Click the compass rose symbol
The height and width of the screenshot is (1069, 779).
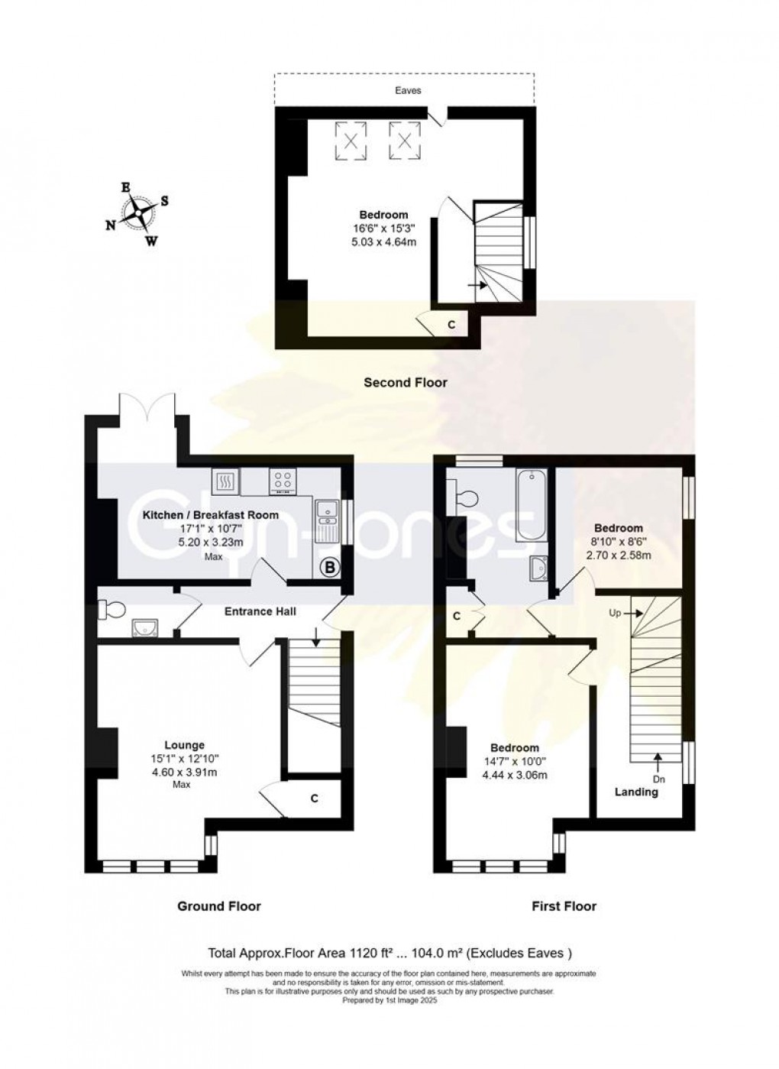[138, 212]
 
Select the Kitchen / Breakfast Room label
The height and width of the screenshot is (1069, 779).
[211, 515]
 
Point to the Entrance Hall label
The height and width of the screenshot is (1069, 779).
[260, 611]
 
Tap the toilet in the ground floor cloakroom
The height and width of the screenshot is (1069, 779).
[112, 610]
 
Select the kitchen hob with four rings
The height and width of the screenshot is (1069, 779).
[283, 481]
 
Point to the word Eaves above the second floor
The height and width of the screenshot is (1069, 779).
[408, 90]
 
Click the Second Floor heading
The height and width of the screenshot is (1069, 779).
[406, 382]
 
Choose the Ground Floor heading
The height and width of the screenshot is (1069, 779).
[219, 919]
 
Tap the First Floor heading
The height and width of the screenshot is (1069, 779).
[564, 919]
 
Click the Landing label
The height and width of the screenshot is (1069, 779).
[636, 792]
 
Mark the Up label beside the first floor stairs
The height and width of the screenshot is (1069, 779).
[615, 614]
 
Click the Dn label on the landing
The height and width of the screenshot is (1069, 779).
[660, 779]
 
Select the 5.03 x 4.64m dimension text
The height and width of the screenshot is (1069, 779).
[383, 241]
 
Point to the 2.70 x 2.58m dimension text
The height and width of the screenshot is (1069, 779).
[619, 555]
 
